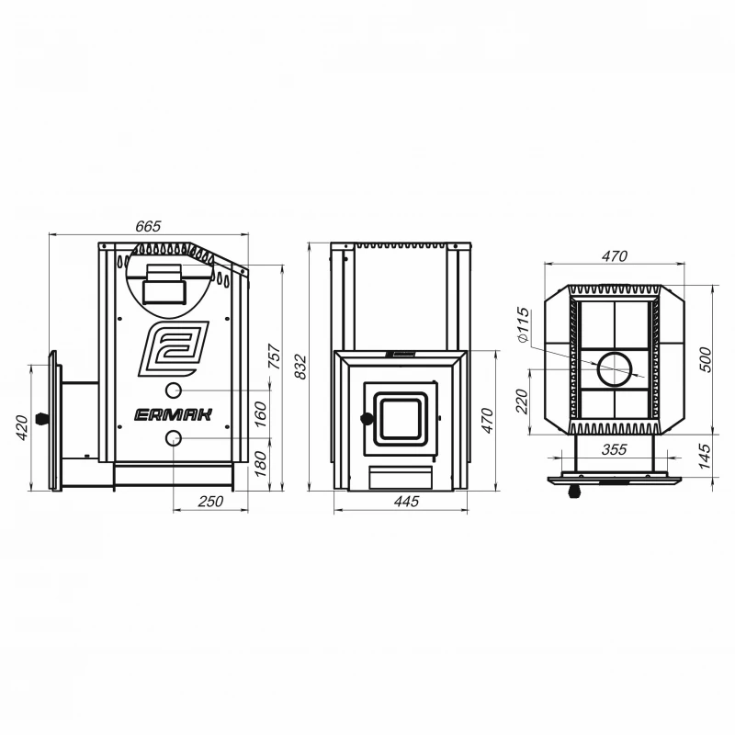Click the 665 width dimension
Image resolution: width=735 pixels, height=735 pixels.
(x=148, y=226)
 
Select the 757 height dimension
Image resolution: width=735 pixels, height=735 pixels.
(x=275, y=356)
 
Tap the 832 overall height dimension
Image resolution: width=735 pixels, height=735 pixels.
(x=300, y=367)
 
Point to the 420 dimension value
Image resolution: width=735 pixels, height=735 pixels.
(x=22, y=427)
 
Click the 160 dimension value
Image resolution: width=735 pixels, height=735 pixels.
(x=261, y=414)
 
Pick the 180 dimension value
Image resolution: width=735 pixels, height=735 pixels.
(x=261, y=464)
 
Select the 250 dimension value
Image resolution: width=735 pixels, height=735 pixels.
(x=210, y=501)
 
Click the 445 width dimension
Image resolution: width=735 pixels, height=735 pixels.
(x=406, y=501)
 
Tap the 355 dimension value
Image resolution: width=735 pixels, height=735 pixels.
(x=614, y=449)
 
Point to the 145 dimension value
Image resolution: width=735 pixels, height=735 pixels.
(x=704, y=456)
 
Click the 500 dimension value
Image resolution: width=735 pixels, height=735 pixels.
(x=705, y=359)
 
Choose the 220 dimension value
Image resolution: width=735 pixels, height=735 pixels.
(x=522, y=401)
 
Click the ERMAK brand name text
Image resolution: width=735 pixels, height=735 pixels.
(x=174, y=415)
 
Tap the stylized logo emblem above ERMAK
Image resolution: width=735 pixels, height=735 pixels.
(x=174, y=349)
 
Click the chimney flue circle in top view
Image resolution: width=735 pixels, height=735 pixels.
(x=614, y=369)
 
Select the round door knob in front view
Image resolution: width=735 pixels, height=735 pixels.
(x=367, y=419)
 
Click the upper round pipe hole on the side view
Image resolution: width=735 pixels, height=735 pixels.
(x=174, y=390)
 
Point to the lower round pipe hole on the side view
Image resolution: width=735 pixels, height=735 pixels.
(x=174, y=438)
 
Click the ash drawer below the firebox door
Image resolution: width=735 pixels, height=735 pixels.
(x=401, y=478)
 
